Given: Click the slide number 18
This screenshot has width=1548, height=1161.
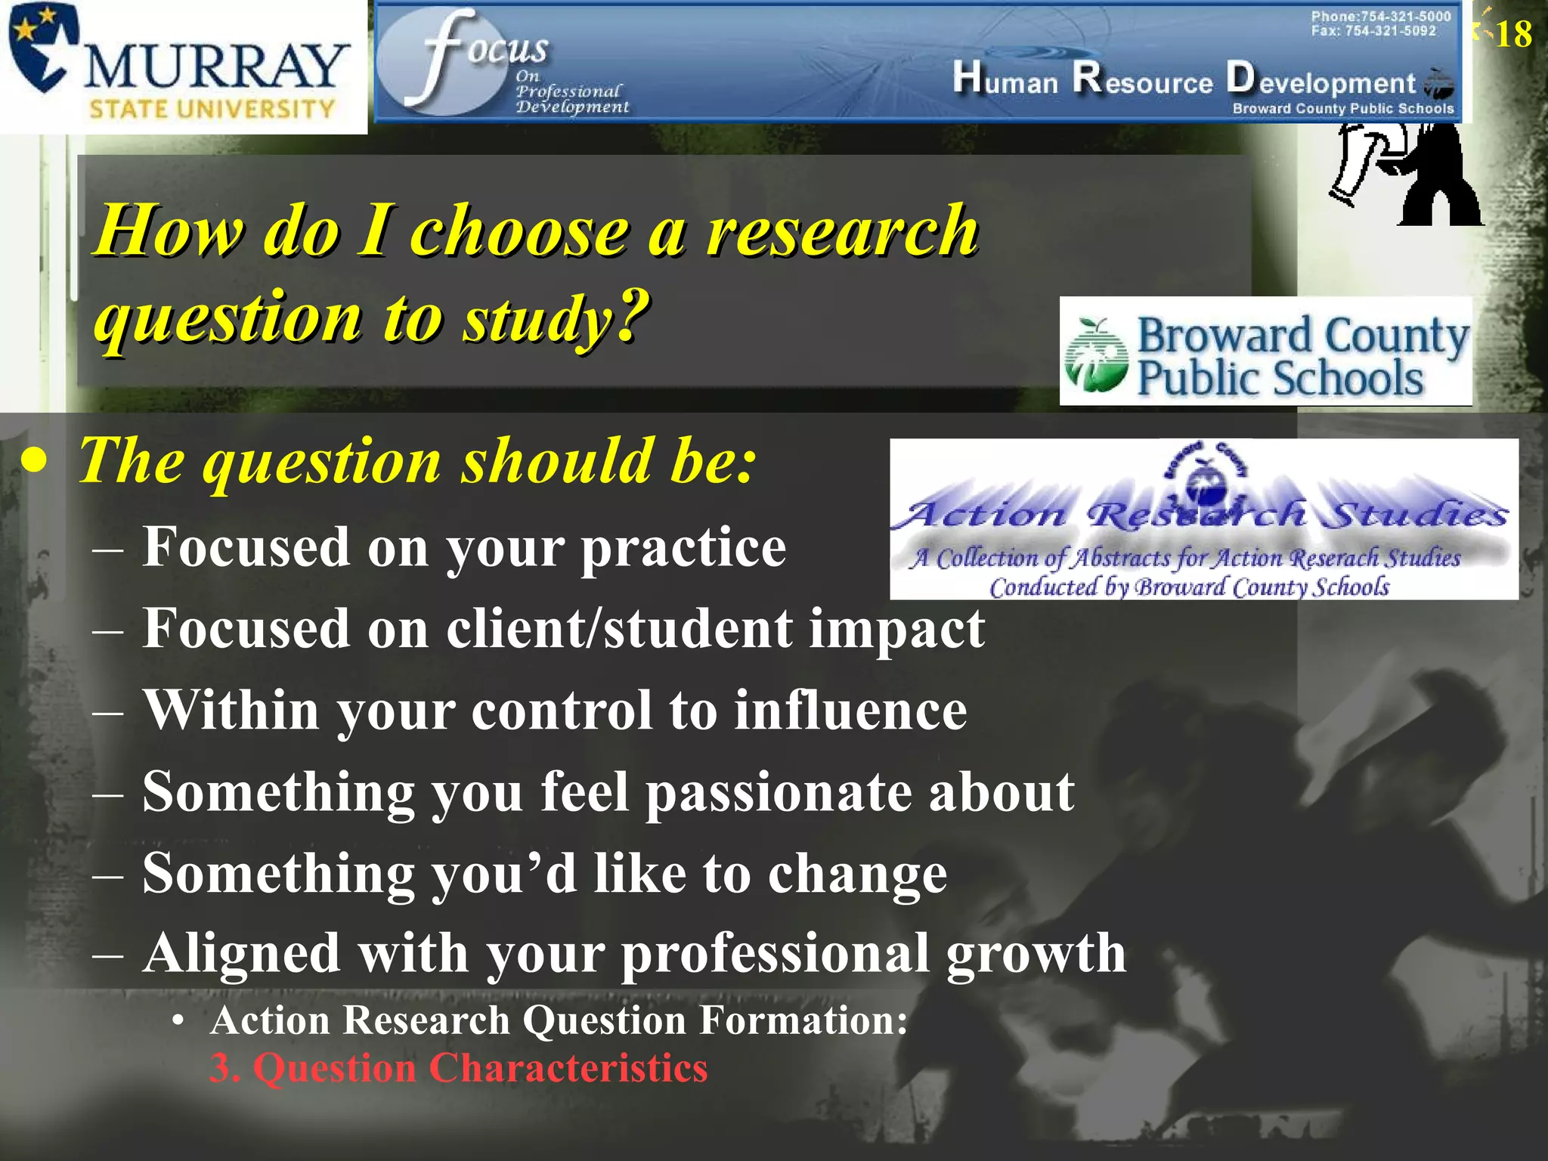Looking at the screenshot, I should [x=1513, y=35].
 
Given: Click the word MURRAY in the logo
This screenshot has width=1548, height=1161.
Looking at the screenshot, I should [x=215, y=67].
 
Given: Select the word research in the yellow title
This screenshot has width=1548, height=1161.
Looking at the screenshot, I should [x=842, y=231].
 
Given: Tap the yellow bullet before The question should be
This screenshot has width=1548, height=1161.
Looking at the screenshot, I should [x=34, y=460].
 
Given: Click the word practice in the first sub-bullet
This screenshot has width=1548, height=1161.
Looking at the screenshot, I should [x=683, y=547].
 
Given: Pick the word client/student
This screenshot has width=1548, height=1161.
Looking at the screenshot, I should [x=619, y=629].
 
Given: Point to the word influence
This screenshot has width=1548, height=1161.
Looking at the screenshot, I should [x=850, y=711].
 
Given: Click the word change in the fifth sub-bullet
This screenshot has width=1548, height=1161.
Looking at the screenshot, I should [x=857, y=874].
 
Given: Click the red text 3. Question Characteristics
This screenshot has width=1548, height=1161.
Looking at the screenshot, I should [x=458, y=1068].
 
